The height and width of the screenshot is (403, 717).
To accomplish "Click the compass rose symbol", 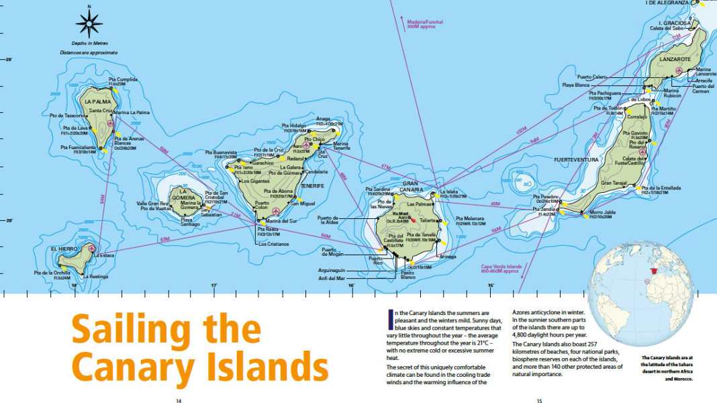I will [x=89, y=24].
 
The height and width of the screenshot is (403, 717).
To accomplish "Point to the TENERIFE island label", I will [x=312, y=185].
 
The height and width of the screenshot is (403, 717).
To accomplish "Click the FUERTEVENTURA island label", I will [x=575, y=160].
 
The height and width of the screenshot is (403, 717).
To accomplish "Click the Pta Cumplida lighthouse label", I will [x=123, y=80].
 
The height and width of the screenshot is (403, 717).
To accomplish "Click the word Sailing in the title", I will [x=166, y=330].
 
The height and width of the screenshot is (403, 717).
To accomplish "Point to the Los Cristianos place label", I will [x=274, y=244].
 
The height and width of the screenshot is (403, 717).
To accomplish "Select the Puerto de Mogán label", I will [x=334, y=252].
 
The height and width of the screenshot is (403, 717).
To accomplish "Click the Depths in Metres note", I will [x=89, y=44].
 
